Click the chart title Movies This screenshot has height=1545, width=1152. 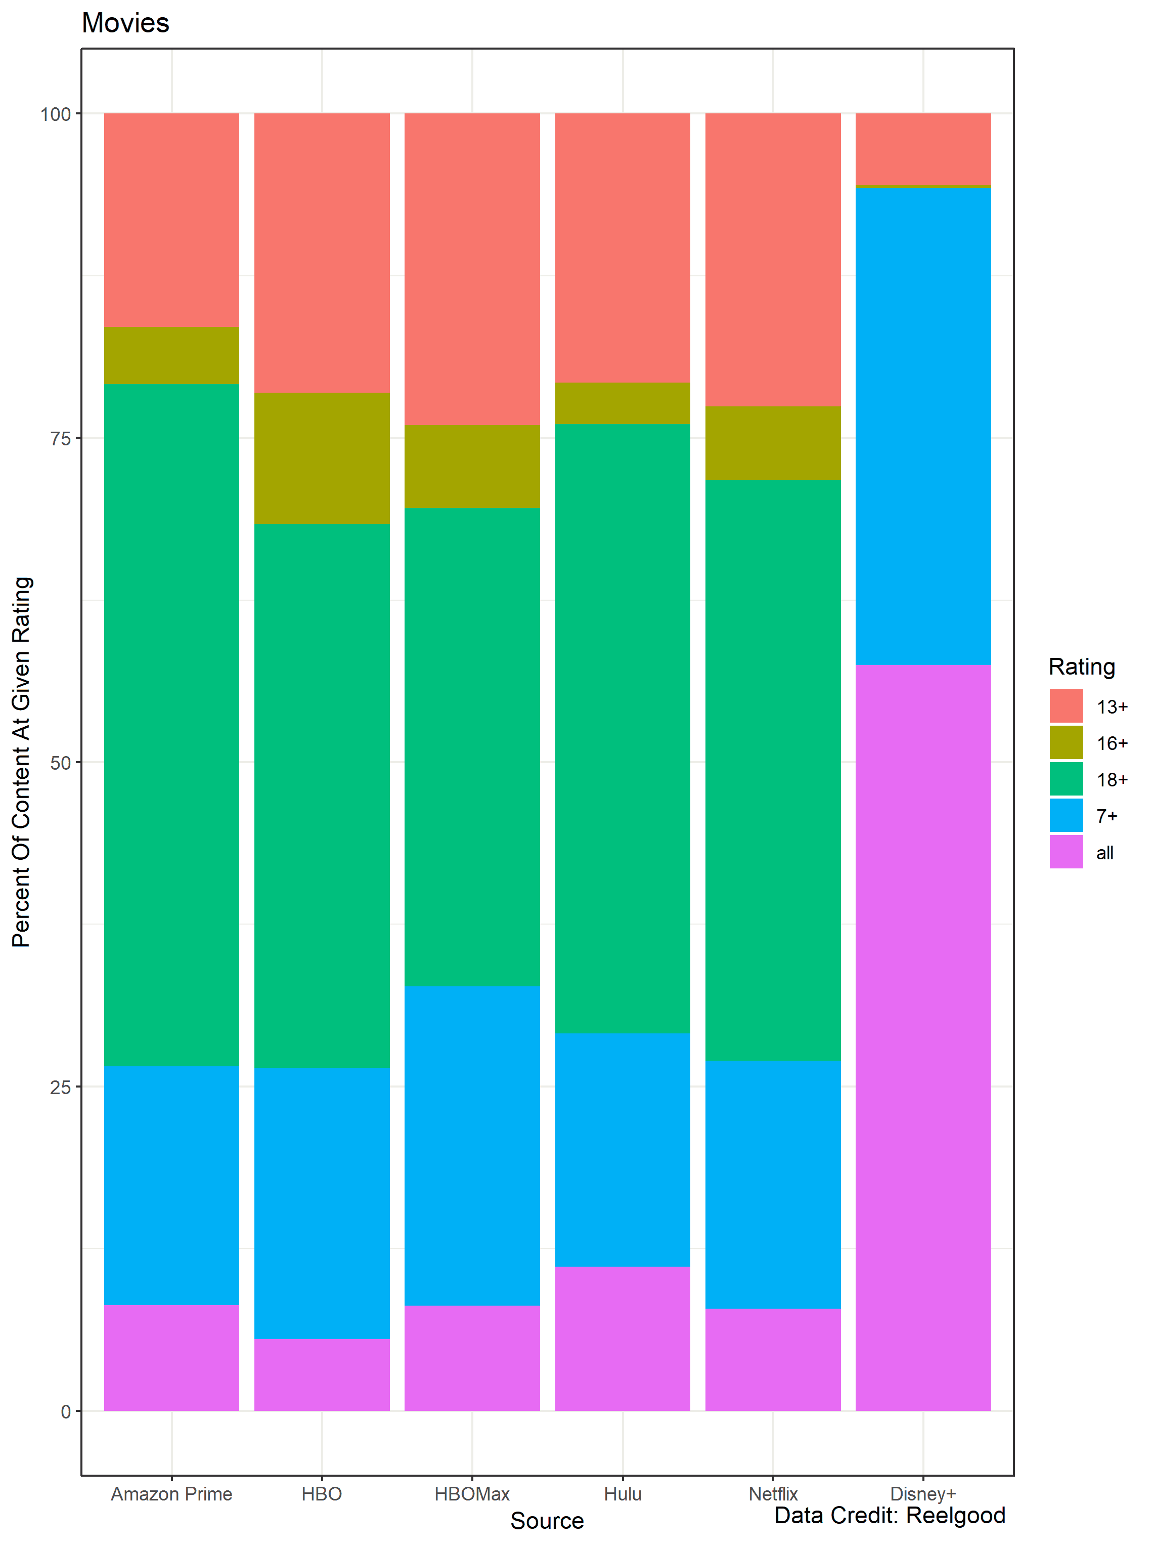tap(125, 23)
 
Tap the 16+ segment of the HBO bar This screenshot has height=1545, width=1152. tap(322, 458)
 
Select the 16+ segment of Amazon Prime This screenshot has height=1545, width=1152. tap(171, 355)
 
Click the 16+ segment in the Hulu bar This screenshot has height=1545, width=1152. tap(622, 403)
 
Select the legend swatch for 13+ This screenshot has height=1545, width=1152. tap(1066, 705)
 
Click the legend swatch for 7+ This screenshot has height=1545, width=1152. tap(1066, 815)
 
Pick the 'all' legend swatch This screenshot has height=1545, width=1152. tap(1066, 851)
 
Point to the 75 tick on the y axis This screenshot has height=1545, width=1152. tap(61, 438)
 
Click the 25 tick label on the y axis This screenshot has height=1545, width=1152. tap(61, 1087)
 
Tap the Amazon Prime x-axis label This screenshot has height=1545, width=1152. tap(171, 1493)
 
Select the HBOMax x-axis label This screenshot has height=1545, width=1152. tap(472, 1493)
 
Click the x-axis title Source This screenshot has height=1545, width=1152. tap(547, 1521)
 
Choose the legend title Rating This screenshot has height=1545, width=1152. tap(1082, 666)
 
